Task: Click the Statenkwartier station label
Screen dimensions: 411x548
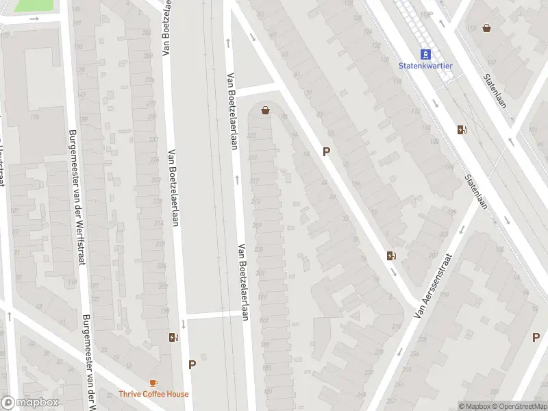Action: pos(425,66)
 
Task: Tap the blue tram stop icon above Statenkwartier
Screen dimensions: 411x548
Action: pos(425,53)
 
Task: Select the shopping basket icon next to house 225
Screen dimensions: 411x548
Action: pos(265,110)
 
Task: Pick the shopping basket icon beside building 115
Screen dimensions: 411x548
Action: pos(486,28)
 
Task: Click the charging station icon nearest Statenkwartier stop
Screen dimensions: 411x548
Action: pos(462,129)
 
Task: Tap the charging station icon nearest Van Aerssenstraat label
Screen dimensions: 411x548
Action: pos(391,256)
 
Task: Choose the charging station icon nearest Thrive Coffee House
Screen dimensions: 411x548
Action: pos(173,337)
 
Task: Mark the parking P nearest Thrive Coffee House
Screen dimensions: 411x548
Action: pos(192,365)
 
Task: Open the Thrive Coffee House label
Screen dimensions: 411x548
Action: pos(153,394)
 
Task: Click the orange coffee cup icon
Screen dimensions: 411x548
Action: pos(153,383)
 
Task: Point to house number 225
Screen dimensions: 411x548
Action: pos(251,136)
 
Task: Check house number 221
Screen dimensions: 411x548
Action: pos(253,158)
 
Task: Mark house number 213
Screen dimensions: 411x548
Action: pos(256,202)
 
